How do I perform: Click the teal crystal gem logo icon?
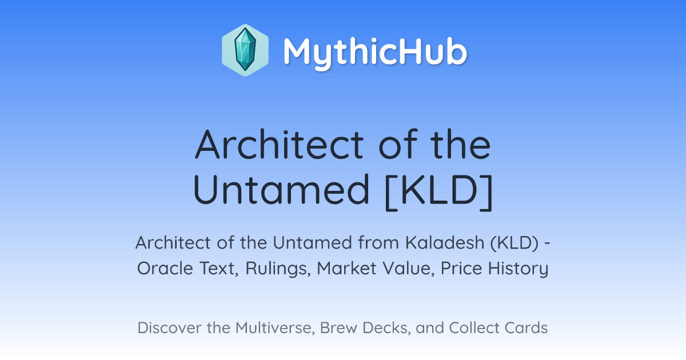[x=245, y=50]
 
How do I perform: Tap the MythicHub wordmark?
[x=375, y=52]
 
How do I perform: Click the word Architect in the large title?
[x=280, y=144]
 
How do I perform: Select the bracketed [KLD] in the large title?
[x=438, y=191]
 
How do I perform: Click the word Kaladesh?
[x=445, y=242]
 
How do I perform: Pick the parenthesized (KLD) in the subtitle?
[x=514, y=243]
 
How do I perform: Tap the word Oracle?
[x=165, y=268]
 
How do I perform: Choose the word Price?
[x=461, y=268]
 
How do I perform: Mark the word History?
[x=518, y=269]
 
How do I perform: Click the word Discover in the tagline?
[x=169, y=327]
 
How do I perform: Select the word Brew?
[x=338, y=327]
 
